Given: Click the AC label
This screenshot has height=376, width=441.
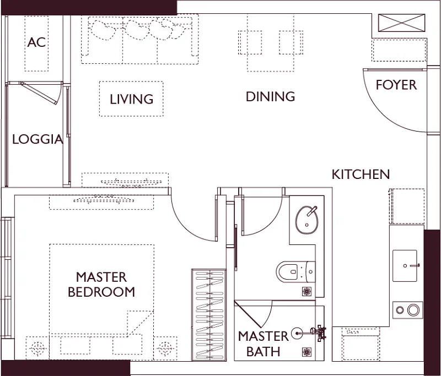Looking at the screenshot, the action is (36, 42).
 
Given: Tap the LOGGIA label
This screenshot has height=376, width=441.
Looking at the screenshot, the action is (37, 139).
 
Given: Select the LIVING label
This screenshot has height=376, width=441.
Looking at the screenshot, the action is (131, 99).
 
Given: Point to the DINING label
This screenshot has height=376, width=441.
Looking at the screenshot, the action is (270, 96).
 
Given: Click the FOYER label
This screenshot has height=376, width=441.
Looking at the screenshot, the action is (396, 85).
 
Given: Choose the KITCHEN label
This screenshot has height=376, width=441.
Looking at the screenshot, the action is (361, 175).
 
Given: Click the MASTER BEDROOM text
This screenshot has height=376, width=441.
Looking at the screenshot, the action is (101, 285).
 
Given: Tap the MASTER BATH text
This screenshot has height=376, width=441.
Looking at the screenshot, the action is (263, 344).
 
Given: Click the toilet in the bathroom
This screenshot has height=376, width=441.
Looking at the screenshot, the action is (295, 271).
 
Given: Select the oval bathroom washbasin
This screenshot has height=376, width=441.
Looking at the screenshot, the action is (306, 220).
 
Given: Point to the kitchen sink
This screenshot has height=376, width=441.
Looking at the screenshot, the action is (405, 265).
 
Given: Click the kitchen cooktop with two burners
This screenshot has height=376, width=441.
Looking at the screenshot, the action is (407, 310).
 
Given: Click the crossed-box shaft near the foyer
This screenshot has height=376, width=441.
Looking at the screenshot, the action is (401, 23).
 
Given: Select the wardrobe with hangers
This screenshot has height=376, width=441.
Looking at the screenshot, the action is (209, 314).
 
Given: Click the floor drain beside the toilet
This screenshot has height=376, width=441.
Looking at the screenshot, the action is (306, 292).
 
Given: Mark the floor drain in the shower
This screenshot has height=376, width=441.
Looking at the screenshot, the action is (306, 352).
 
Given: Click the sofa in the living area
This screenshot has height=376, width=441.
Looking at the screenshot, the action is (140, 40).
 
